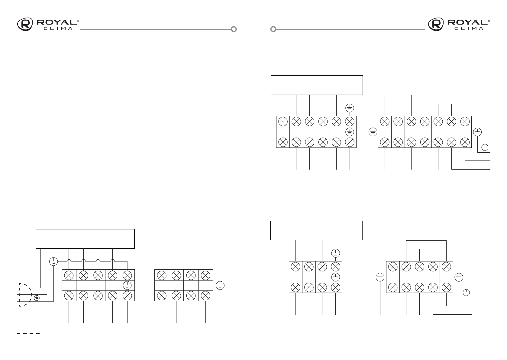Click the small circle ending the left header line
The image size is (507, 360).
234,29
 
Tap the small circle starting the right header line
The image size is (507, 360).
273,29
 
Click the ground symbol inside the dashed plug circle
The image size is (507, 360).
37,298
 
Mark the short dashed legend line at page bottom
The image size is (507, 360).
28,333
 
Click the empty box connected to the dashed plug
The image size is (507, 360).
85,238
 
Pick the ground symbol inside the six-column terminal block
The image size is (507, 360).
350,132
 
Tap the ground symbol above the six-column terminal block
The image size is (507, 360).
350,108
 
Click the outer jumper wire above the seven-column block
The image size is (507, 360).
445,95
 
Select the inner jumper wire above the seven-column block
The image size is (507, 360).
445,104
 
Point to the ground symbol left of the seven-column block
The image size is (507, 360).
373,132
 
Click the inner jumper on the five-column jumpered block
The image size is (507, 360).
426,249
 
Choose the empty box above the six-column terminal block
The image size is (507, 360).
317,85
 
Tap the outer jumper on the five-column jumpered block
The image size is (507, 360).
426,241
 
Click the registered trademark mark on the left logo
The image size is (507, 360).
78,21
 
